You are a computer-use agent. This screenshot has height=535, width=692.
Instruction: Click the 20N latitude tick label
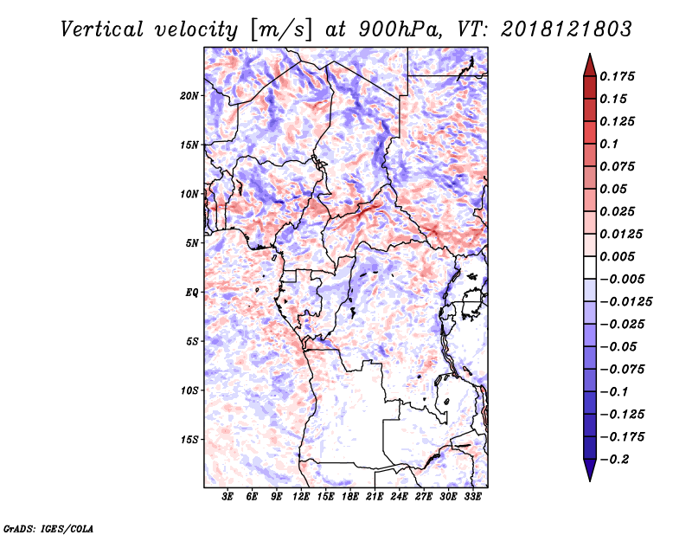189,95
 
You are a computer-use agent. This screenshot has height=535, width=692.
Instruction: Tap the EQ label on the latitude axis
192,293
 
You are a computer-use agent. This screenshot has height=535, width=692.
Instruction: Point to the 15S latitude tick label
189,440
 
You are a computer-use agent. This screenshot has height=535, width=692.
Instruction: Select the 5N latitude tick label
192,243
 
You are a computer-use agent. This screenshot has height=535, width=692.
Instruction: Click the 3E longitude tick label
227,496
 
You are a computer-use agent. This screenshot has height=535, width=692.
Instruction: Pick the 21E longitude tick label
375,496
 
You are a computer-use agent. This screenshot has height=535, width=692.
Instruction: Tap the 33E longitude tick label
472,496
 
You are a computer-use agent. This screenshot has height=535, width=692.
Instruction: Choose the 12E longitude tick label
301,496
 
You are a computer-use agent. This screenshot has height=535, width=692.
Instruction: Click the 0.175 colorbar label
617,76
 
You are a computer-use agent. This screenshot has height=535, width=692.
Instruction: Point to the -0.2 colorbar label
614,460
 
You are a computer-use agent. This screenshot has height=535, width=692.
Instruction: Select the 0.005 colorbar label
617,256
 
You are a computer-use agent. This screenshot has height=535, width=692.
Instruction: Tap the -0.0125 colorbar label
625,302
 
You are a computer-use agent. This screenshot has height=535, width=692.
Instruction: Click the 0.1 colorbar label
609,144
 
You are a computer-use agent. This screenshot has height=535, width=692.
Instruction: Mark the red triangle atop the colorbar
590,65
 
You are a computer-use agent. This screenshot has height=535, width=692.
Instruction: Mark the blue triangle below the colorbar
590,470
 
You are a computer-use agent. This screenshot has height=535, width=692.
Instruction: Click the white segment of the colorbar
590,267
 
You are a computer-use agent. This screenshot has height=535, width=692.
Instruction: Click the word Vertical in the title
102,29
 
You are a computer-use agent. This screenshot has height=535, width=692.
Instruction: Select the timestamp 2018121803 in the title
567,29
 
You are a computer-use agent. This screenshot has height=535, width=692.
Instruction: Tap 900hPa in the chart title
400,29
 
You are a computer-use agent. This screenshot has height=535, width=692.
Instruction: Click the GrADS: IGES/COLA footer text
48,529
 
